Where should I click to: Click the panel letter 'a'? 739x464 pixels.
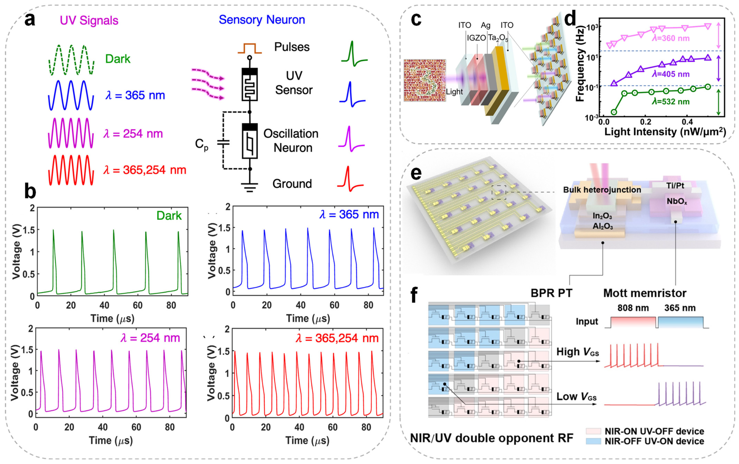click(x=30, y=20)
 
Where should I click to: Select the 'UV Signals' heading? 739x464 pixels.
click(x=89, y=21)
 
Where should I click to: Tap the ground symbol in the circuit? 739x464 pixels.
click(x=250, y=187)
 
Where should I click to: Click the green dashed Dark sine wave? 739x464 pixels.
click(x=71, y=60)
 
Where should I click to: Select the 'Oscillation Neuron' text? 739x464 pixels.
click(x=291, y=140)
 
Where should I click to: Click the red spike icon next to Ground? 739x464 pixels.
click(x=350, y=179)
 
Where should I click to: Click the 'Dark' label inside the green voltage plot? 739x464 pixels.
click(x=169, y=216)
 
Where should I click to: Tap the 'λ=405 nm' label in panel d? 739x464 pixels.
click(x=671, y=74)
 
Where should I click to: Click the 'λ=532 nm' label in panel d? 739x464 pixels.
click(x=671, y=102)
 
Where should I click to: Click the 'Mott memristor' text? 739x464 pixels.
click(x=644, y=293)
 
